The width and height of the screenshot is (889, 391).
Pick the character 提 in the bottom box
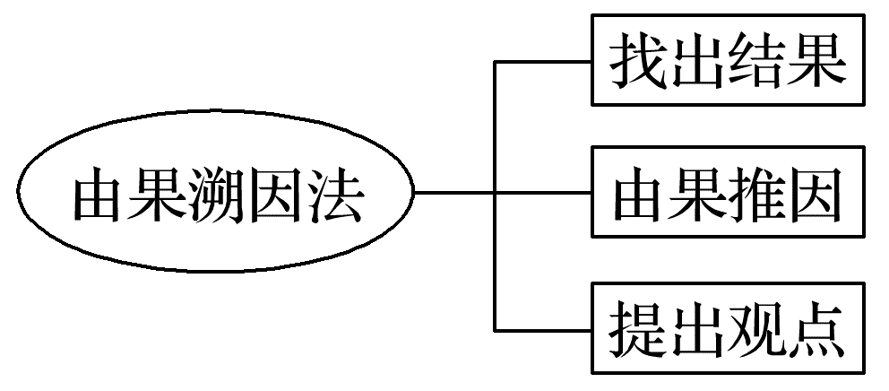[638, 327]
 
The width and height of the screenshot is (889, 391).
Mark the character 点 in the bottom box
[816, 327]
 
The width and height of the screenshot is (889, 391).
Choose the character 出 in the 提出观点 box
[697, 327]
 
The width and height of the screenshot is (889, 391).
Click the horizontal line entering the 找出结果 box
[543, 62]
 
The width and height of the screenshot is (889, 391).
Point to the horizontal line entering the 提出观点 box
[543, 329]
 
